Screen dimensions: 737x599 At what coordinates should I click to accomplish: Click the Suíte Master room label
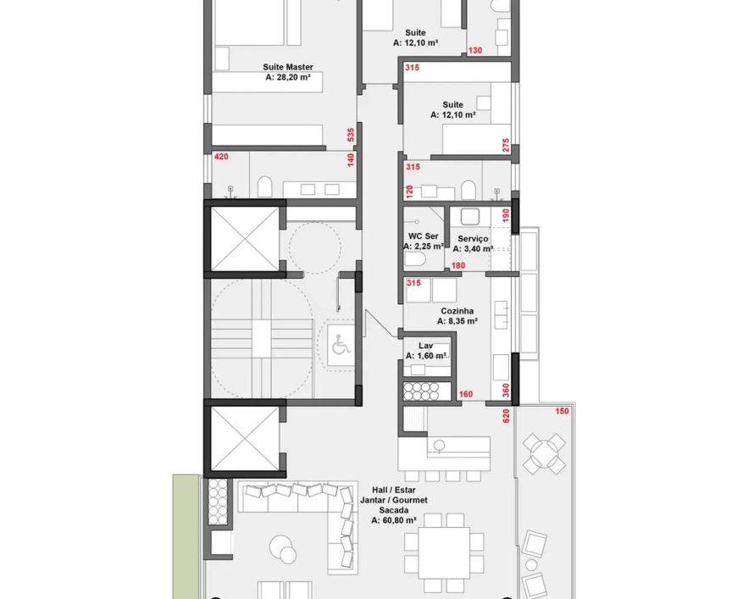288,67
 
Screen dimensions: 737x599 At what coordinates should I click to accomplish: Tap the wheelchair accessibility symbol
341,346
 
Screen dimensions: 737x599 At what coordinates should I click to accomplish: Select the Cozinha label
457,311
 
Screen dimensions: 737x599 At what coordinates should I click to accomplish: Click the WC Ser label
423,236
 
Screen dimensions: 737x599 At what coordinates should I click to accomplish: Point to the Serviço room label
473,239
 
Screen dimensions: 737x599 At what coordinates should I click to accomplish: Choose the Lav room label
425,346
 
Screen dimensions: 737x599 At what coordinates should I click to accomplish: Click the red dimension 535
351,135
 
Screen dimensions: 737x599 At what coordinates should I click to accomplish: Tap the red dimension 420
221,157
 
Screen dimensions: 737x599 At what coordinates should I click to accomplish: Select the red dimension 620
507,417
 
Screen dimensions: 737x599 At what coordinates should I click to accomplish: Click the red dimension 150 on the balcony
562,412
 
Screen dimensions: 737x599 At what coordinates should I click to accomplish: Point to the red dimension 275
506,145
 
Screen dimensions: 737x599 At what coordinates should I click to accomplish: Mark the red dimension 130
475,50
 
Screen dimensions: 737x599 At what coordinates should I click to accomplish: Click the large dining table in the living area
444,553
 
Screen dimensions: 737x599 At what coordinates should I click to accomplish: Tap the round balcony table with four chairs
545,454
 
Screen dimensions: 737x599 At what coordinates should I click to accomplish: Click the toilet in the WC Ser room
415,259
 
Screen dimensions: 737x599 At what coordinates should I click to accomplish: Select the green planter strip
186,536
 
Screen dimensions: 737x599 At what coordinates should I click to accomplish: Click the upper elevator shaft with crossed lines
245,239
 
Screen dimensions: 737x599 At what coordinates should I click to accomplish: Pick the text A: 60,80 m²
394,520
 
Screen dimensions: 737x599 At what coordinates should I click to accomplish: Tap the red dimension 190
506,215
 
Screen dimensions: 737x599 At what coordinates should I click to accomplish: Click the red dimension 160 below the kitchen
466,395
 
